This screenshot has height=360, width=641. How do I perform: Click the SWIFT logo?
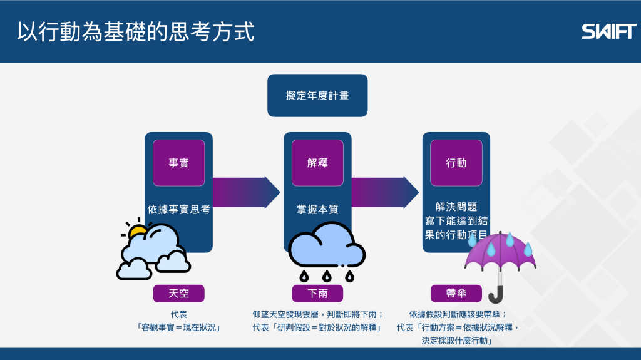click(x=608, y=31)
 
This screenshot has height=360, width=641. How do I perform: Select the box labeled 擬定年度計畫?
click(x=317, y=96)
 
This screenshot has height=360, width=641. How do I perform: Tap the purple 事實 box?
click(x=178, y=163)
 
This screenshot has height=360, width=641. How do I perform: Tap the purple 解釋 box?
click(x=317, y=163)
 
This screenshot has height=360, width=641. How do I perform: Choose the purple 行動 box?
click(x=456, y=163)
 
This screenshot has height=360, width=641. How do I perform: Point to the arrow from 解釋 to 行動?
click(x=384, y=192)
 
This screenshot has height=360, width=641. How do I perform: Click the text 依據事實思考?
click(x=178, y=210)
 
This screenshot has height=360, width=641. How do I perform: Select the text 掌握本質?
click(x=317, y=210)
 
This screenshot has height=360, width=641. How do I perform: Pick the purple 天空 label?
click(x=178, y=293)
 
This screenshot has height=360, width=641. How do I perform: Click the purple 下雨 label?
click(x=317, y=293)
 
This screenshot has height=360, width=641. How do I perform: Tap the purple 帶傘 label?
click(x=456, y=293)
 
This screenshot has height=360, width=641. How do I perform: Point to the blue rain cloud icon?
click(x=326, y=248)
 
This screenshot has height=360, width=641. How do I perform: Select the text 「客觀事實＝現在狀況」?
click(x=178, y=327)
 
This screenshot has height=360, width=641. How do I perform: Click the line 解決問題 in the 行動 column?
click(x=456, y=207)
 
